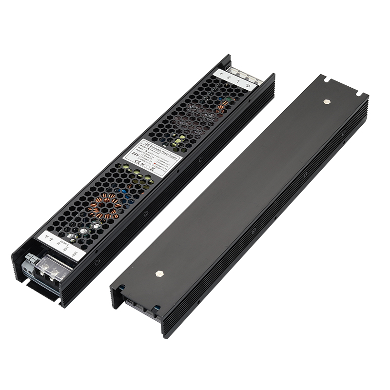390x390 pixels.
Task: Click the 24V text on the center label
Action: [135, 153]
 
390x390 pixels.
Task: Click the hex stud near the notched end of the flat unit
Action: [326, 102]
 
